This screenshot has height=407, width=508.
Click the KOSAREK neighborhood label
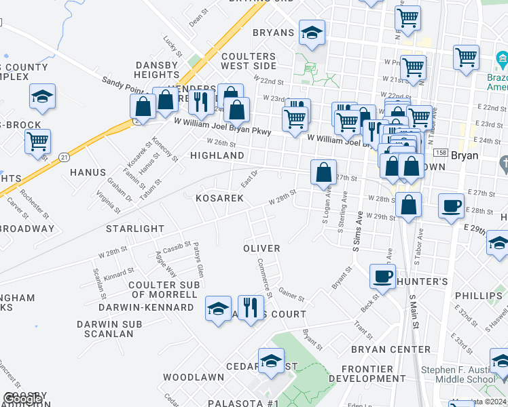(x=219, y=198)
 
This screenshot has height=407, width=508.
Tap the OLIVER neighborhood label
(x=261, y=248)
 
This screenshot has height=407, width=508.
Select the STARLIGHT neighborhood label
(x=135, y=229)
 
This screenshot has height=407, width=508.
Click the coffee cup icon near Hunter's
(x=382, y=276)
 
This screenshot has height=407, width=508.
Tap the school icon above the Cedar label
(x=271, y=360)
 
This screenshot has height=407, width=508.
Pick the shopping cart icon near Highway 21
(x=37, y=142)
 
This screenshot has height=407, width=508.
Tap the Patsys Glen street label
(x=198, y=260)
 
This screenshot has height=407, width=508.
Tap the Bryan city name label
(x=465, y=155)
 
